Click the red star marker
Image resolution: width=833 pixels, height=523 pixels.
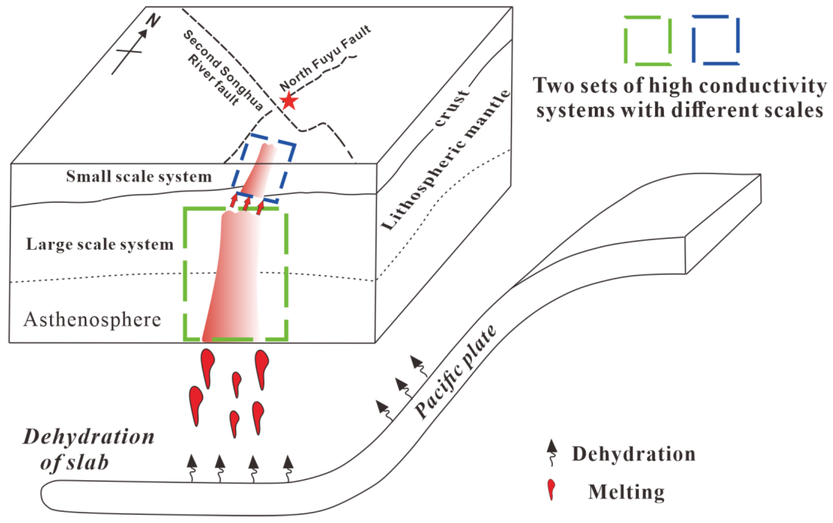point(289,101)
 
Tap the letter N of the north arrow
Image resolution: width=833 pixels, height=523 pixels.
point(153,21)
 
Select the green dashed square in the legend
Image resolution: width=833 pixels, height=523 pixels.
point(648,40)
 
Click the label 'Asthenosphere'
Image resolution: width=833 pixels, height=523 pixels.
point(92,319)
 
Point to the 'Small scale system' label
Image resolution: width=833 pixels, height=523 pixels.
point(139,176)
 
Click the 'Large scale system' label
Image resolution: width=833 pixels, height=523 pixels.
point(100,244)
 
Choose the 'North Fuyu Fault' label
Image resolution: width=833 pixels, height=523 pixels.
point(325,58)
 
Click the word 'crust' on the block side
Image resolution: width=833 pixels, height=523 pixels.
point(451,108)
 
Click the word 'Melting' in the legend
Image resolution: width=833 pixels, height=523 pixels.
point(626,492)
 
